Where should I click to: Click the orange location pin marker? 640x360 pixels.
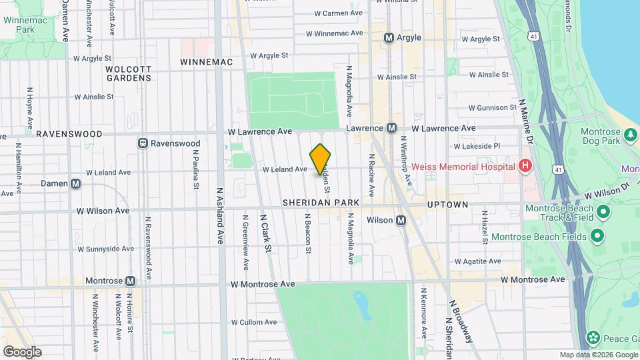(321, 160)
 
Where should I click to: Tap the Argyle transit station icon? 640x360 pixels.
(389, 38)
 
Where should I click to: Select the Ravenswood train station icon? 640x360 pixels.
(143, 143)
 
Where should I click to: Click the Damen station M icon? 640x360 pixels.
(76, 183)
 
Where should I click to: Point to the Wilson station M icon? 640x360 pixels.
(401, 220)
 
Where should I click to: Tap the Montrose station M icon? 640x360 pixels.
(130, 281)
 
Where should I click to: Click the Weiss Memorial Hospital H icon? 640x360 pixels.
(526, 165)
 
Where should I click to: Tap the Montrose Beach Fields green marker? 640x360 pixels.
(597, 236)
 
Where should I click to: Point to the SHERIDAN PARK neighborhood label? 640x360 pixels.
(321, 202)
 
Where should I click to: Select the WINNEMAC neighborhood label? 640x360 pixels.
(207, 62)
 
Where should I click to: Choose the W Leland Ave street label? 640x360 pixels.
(285, 169)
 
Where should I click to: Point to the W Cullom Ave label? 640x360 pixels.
(253, 322)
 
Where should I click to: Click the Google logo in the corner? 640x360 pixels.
(22, 351)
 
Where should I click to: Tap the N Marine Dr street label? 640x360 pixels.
(526, 123)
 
